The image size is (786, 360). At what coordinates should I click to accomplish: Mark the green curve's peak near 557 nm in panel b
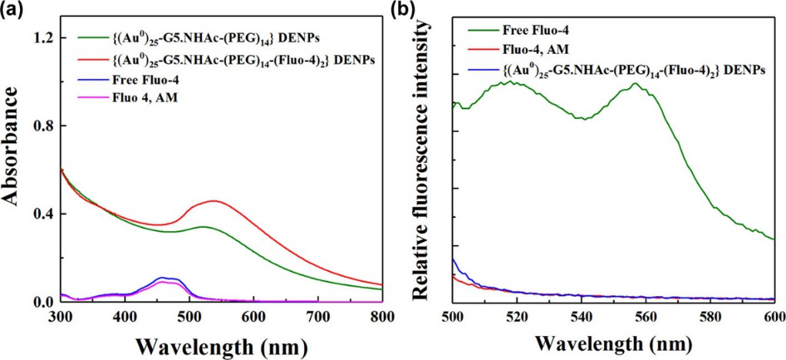click(x=636, y=83)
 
